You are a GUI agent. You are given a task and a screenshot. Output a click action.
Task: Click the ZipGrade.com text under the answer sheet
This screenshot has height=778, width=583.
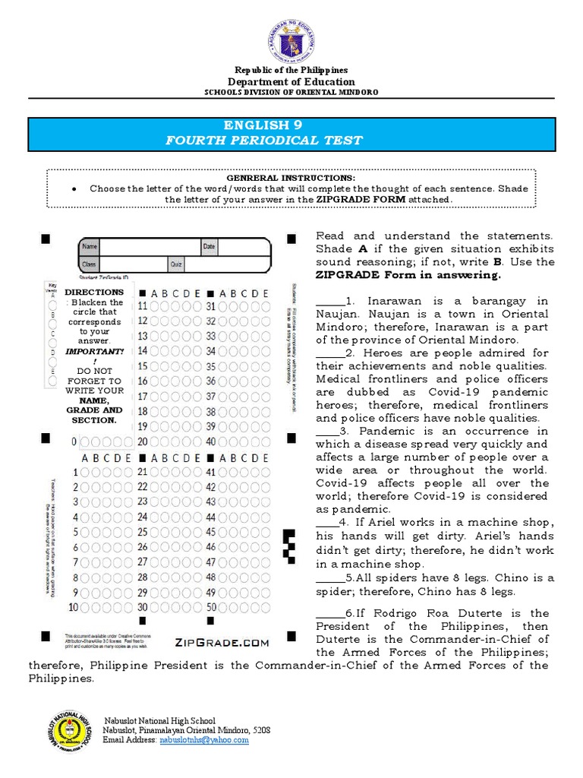tap(222, 642)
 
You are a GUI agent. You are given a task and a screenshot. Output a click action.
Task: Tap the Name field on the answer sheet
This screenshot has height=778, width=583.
tap(149, 247)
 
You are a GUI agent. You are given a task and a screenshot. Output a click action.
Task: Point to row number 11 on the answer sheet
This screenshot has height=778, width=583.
tap(142, 306)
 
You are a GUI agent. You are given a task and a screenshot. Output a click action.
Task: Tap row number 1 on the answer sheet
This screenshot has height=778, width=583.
tap(75, 473)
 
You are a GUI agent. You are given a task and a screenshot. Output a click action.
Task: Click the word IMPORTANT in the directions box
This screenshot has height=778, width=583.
tap(93, 352)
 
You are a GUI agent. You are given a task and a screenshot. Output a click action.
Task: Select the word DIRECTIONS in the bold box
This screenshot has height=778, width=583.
tap(93, 293)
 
